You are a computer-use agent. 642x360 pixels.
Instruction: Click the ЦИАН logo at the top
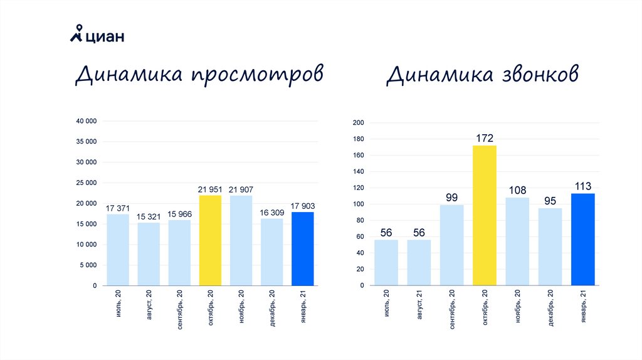[x=97, y=36]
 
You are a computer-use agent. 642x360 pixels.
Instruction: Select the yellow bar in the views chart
[x=210, y=240]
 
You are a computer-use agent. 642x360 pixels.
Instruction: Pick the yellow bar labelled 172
[x=485, y=215]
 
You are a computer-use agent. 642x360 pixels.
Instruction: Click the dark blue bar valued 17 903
[x=303, y=248]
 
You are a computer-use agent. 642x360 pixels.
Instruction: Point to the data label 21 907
[x=241, y=189]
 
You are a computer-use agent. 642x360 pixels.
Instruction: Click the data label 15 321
[x=149, y=216]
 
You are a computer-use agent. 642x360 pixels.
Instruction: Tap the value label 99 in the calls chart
[x=451, y=198]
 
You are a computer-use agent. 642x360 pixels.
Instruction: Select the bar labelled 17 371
[x=118, y=250]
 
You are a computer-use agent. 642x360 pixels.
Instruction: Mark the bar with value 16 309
[x=272, y=251]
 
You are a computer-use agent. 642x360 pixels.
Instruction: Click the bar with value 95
[x=550, y=246]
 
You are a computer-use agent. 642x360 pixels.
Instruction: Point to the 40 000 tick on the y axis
[x=87, y=121]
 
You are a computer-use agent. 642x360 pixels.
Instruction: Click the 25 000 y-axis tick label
[x=87, y=183]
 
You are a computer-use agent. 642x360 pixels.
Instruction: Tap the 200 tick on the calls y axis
[x=358, y=123]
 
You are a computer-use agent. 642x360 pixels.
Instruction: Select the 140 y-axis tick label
[x=358, y=172]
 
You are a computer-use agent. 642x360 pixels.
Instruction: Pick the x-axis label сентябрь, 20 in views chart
[x=179, y=309]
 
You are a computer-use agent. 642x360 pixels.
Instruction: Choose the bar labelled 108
[x=517, y=241]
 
